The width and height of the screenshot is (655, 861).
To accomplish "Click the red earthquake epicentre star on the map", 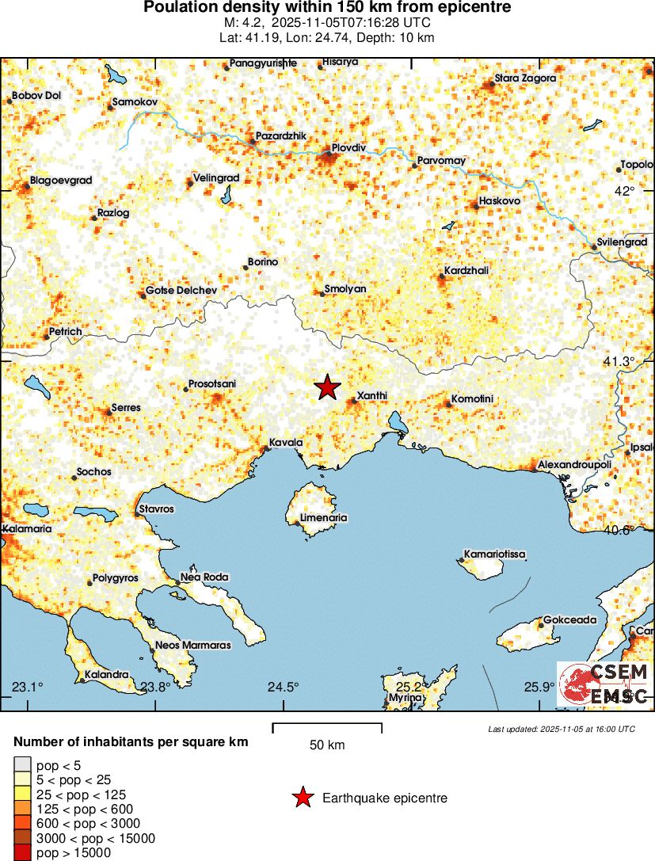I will click(327, 387).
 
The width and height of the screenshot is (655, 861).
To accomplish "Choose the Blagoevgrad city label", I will click(61, 181).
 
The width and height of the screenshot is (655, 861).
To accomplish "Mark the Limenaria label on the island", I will click(324, 518).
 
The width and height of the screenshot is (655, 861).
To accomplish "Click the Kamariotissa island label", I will click(495, 554).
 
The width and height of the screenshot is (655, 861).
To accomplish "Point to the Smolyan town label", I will click(345, 289).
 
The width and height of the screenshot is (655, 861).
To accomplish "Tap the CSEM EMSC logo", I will click(604, 684).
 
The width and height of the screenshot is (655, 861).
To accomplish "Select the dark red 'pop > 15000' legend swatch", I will click(22, 853).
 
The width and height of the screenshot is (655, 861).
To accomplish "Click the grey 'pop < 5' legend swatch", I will click(22, 764).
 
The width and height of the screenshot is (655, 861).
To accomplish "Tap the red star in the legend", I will click(302, 798).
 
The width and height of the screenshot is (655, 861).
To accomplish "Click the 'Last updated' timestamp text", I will click(562, 729).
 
